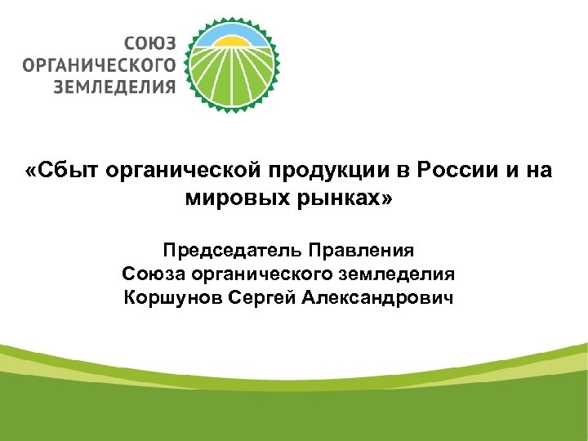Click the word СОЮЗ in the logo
tap(150, 42)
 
